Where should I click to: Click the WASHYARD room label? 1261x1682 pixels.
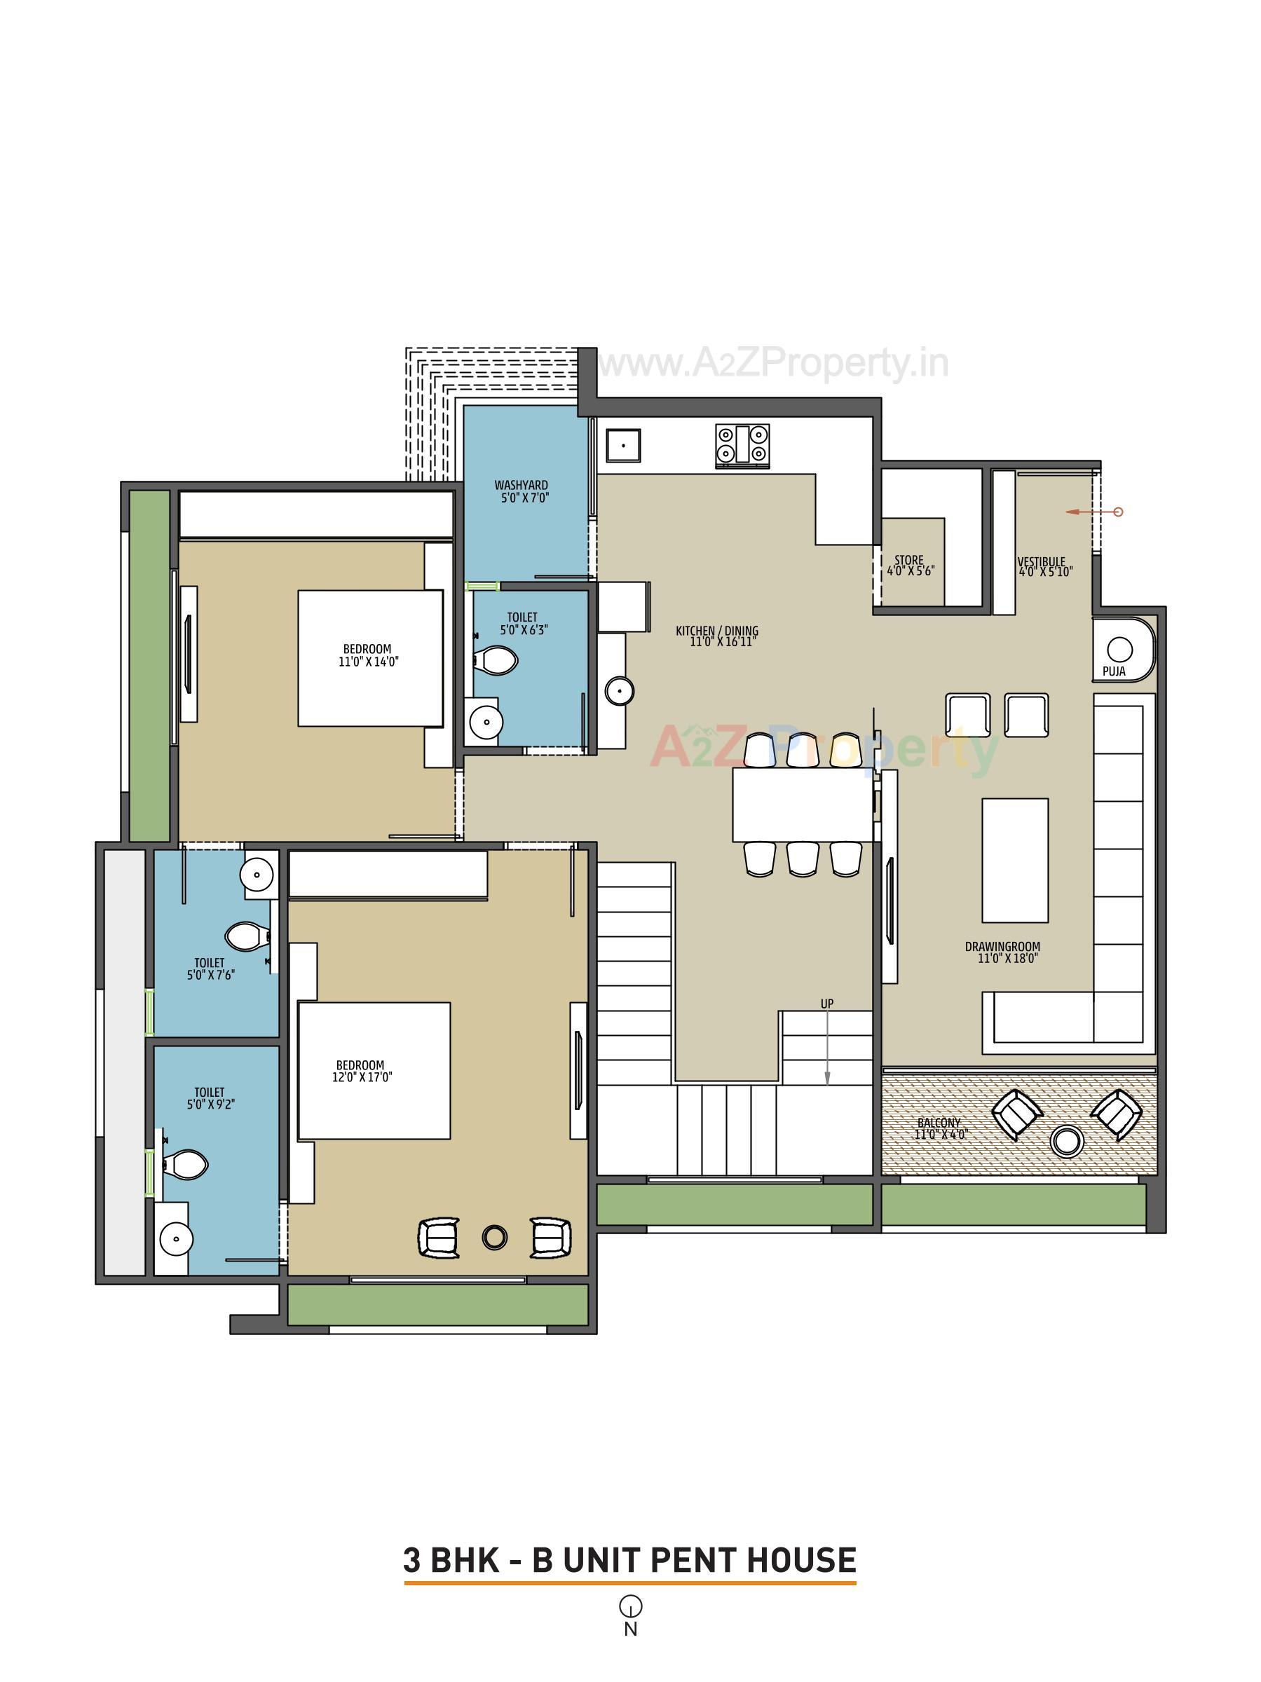(x=521, y=485)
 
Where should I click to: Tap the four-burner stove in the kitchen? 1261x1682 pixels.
(x=742, y=445)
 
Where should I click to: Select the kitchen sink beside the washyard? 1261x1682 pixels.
(x=623, y=445)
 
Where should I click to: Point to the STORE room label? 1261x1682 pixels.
(x=909, y=561)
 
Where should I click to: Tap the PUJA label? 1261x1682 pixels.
(x=1114, y=671)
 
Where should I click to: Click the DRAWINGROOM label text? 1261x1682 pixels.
(x=1002, y=947)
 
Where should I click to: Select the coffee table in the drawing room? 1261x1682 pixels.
(x=1014, y=860)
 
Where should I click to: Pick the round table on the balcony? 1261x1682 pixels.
(x=1066, y=1140)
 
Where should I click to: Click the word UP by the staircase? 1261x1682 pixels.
(x=826, y=1004)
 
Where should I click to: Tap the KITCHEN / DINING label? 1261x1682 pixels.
(x=716, y=630)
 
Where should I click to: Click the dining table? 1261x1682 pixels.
(x=803, y=805)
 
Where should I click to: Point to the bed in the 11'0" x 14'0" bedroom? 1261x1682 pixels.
(x=369, y=658)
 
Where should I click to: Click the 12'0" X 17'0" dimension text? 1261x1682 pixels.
(x=362, y=1077)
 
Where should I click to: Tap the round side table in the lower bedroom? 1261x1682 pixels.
(x=494, y=1237)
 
